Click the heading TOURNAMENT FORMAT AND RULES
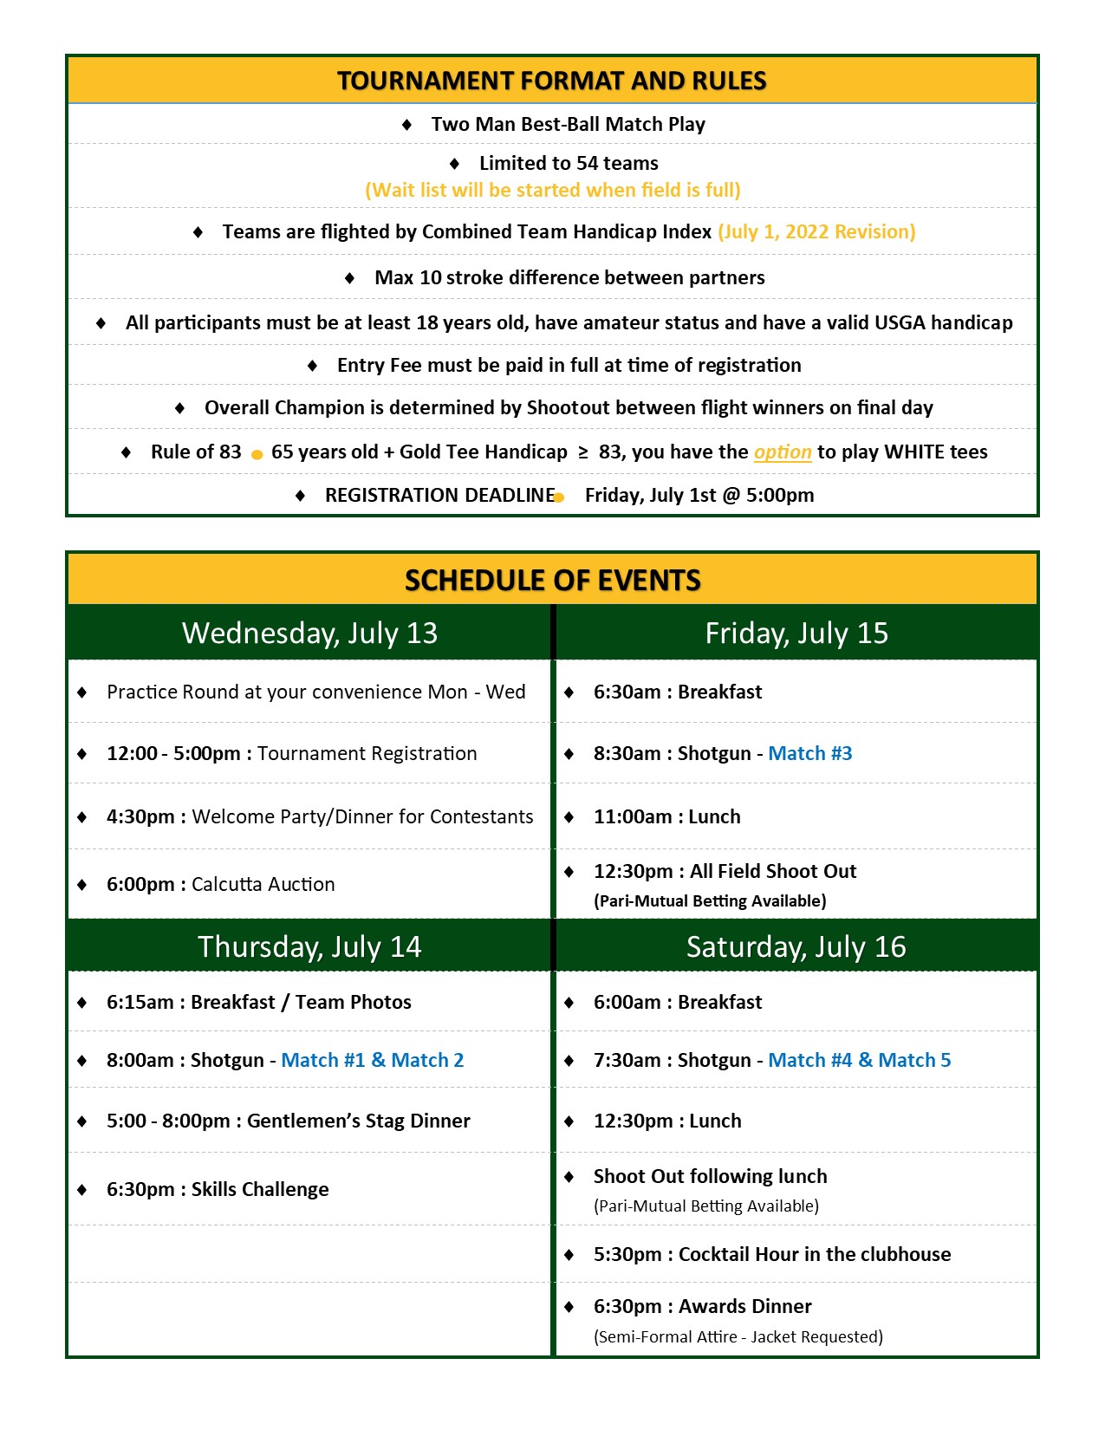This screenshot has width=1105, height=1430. point(551,81)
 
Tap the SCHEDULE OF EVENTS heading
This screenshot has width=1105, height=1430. point(552,580)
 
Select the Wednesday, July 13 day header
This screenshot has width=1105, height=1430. point(309,634)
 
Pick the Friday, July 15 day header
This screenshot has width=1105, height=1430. point(796,634)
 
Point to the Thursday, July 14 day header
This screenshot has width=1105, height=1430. point(309,946)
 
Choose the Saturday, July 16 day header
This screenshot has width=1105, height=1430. point(796,946)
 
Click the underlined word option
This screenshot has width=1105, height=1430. point(783,452)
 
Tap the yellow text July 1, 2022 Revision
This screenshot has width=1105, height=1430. point(816,232)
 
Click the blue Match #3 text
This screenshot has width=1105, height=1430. point(810,754)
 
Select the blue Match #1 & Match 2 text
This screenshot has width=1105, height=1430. point(373,1061)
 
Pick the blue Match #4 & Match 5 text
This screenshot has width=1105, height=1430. point(860,1061)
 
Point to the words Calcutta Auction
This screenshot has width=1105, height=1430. point(263,885)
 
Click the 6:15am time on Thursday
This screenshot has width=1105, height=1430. point(140,1003)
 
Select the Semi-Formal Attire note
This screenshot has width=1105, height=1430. point(738,1337)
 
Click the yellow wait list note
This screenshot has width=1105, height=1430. point(553,191)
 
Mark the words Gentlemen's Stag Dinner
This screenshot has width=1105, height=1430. point(359,1121)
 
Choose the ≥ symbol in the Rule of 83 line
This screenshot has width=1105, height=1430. point(583,452)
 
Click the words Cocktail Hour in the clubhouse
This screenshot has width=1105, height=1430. point(815,1255)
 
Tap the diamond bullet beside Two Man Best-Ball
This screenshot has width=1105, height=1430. point(407,125)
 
